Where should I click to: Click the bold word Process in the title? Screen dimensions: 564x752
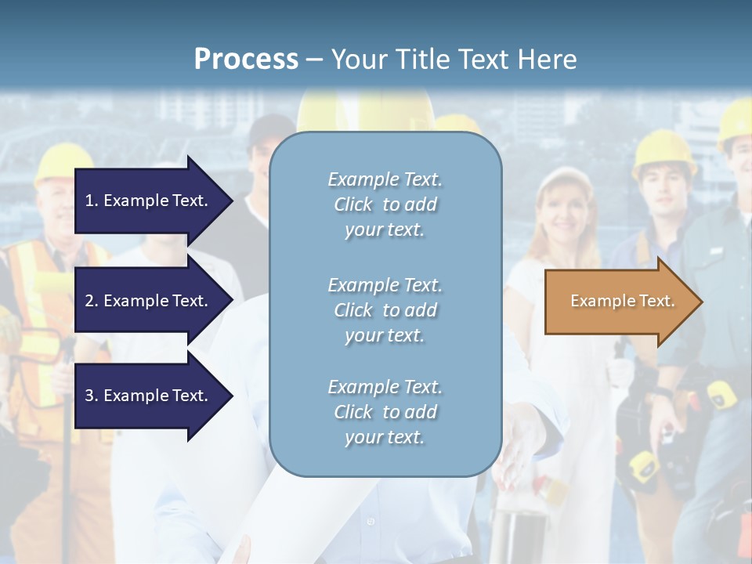(246, 59)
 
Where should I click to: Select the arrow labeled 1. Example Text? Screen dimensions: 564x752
(149, 201)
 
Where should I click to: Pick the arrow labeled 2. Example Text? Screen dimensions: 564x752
(149, 301)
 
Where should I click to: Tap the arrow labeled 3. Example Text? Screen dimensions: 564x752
(149, 396)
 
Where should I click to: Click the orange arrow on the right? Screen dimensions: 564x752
(619, 301)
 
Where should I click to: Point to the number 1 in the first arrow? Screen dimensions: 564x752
(89, 201)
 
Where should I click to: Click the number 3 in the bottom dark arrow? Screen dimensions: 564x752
(89, 396)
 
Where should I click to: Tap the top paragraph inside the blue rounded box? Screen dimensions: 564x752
(385, 204)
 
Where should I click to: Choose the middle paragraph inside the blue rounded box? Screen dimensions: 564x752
(385, 309)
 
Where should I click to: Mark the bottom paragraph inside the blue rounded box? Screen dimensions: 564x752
(385, 411)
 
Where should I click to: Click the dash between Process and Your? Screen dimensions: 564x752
(314, 60)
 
